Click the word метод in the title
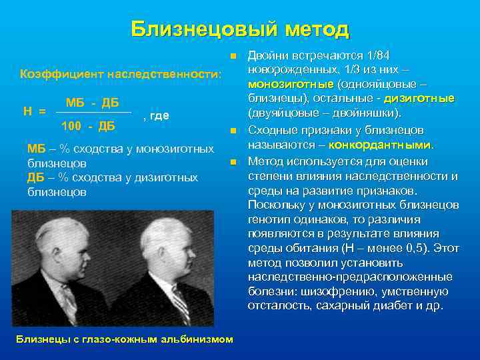(317, 29)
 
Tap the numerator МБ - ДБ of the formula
(93, 103)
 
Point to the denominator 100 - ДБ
(88, 125)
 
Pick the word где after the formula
(159, 115)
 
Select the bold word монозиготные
(291, 85)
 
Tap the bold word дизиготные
(421, 99)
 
